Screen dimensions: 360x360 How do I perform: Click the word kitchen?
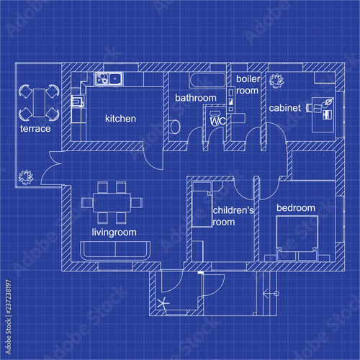point(120,118)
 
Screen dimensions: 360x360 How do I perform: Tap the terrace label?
point(35,129)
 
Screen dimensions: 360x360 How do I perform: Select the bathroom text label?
point(196,98)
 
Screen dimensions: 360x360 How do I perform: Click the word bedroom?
point(296,208)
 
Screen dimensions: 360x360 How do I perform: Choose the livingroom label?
point(114,233)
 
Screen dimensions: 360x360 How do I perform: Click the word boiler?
point(247,78)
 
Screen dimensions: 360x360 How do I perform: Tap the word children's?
point(233,210)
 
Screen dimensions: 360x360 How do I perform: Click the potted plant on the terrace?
point(27,175)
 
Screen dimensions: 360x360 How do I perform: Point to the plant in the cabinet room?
point(276,80)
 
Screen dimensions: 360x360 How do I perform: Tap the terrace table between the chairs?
point(37,102)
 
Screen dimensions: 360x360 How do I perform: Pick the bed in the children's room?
point(202,204)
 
